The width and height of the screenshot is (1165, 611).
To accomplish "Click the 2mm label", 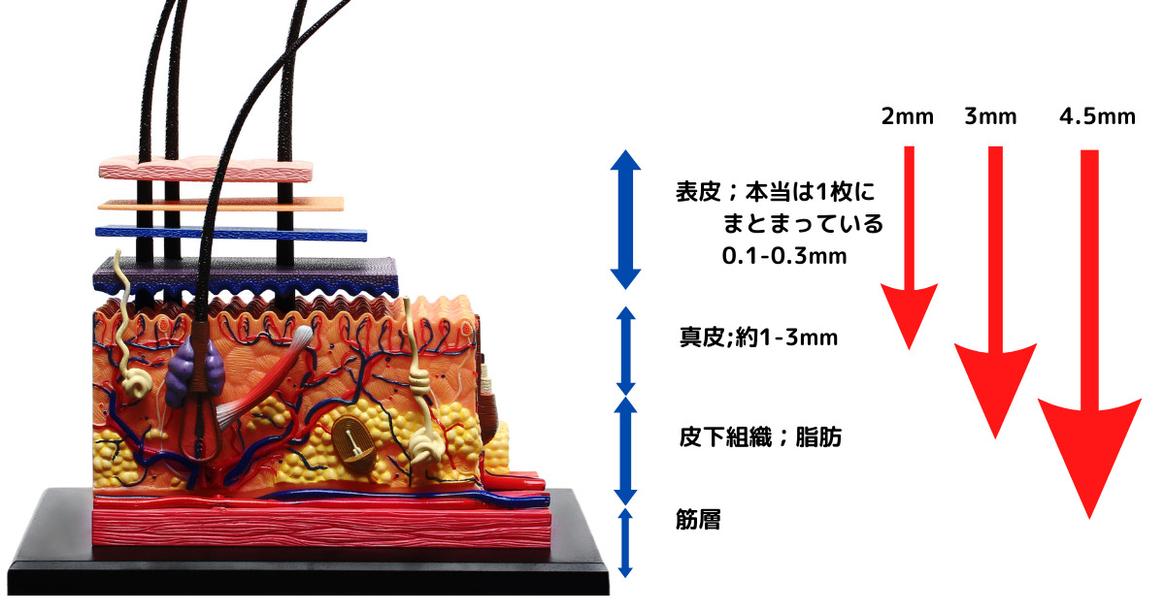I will click(907, 117).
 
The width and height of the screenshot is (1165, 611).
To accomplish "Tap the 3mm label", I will click(990, 117).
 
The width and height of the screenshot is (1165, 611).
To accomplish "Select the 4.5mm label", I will click(1097, 117).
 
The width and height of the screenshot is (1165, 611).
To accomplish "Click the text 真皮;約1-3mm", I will click(757, 338).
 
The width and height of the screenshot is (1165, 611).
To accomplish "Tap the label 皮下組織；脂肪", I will click(759, 437).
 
